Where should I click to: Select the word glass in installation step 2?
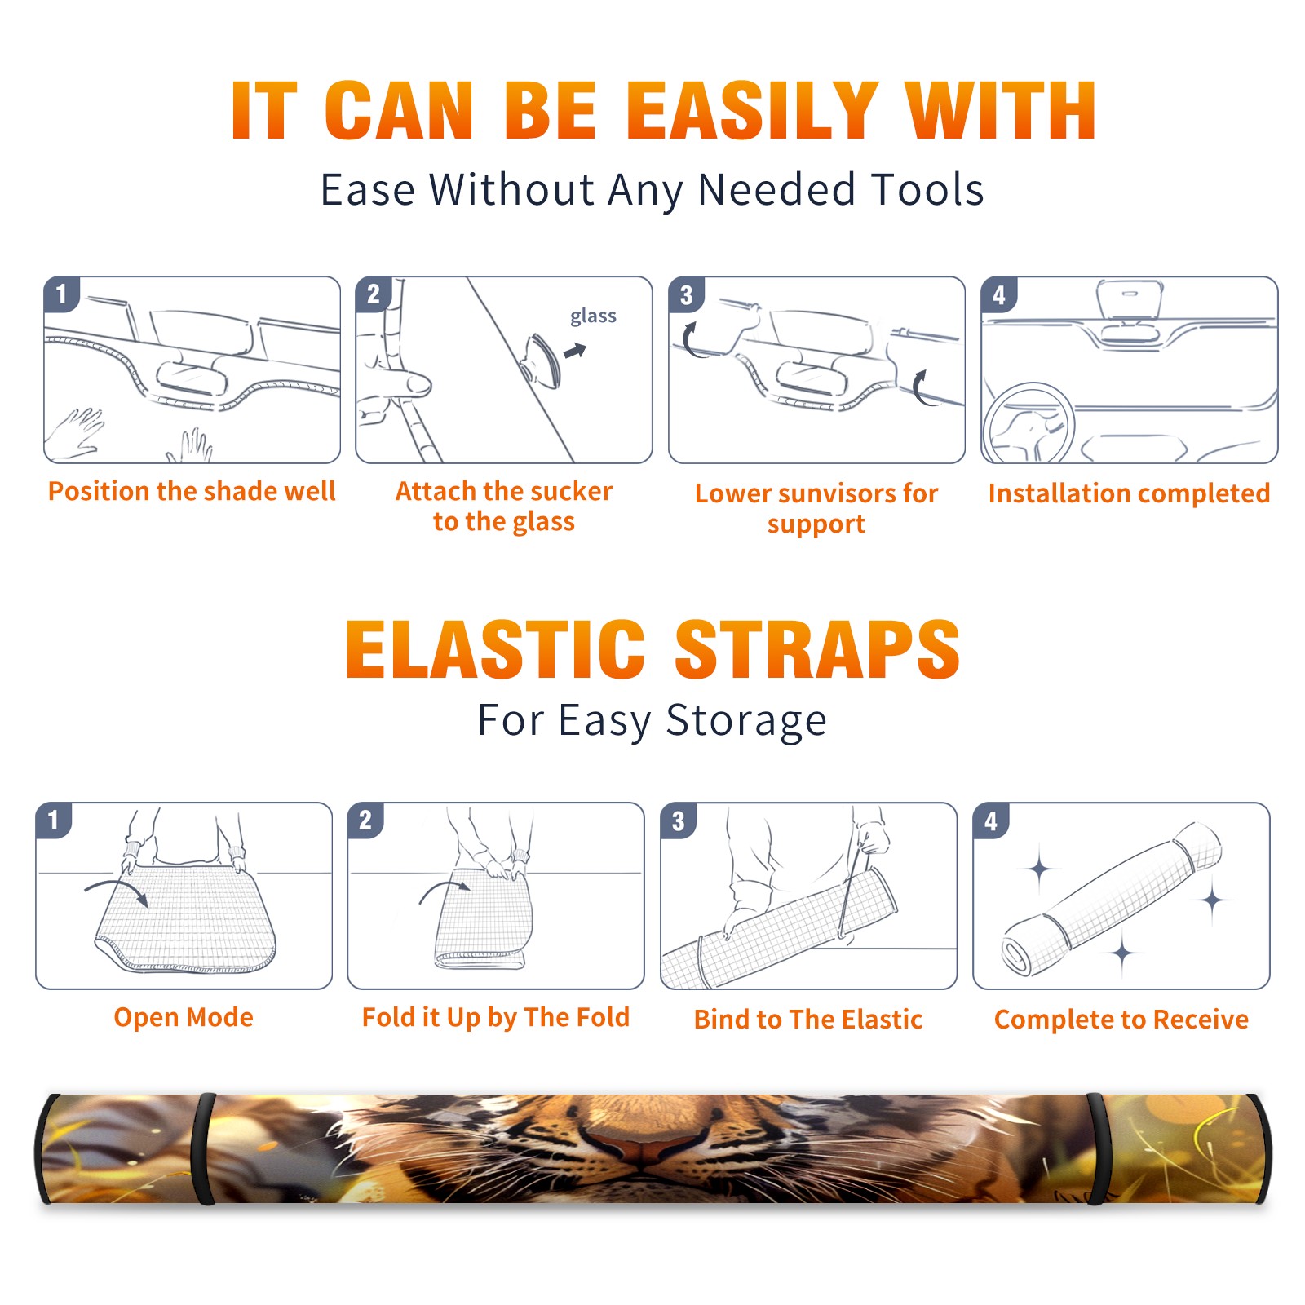click(x=593, y=316)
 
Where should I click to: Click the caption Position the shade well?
click(x=192, y=491)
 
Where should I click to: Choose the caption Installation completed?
click(x=1129, y=493)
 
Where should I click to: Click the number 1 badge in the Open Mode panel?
click(x=54, y=821)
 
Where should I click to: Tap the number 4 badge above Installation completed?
click(x=999, y=294)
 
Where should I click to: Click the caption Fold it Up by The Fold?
click(x=496, y=1017)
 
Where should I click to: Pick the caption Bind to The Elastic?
click(x=808, y=1020)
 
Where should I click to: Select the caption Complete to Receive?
click(x=1121, y=1020)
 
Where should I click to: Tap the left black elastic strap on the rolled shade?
click(x=203, y=1149)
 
